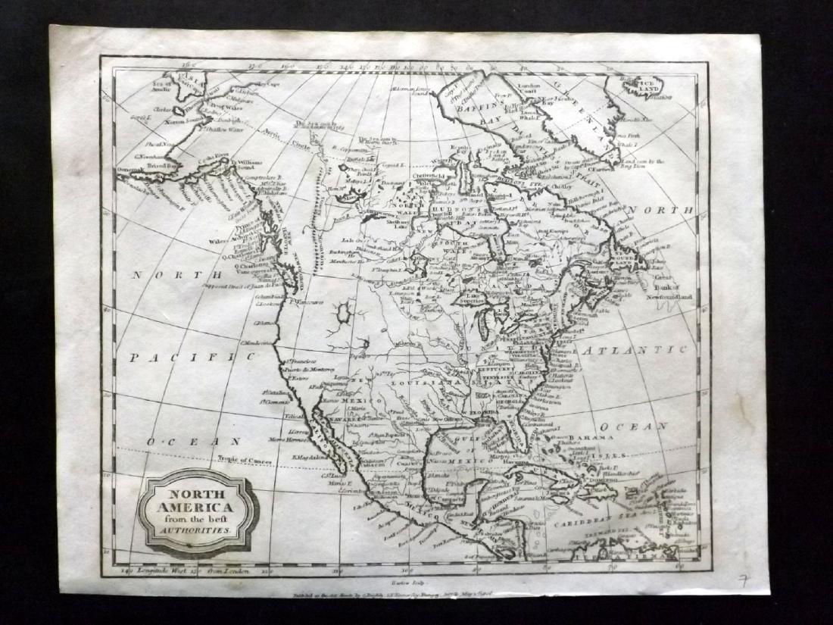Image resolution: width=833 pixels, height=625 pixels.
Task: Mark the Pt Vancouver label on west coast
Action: pyautogui.click(x=304, y=302)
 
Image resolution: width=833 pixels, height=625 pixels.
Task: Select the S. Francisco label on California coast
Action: pyautogui.click(x=299, y=361)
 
